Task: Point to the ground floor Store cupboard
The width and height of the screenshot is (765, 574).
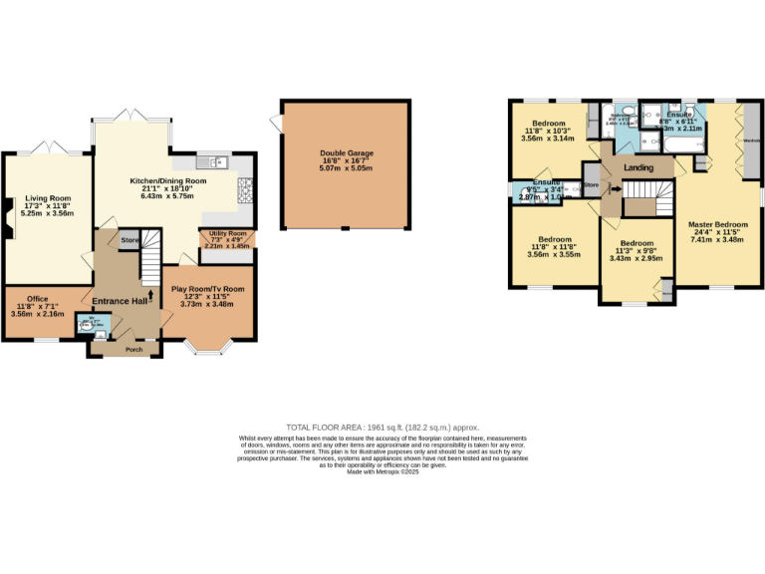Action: pos(129,240)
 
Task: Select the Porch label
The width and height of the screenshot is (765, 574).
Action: pos(133,349)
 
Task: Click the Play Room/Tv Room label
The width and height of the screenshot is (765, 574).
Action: pos(207,289)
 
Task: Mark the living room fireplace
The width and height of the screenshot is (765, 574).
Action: pos(8,217)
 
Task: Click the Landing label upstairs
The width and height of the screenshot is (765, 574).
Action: pos(638,167)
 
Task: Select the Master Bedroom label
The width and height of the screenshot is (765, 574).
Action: pos(717,224)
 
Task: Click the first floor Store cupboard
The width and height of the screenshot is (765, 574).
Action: pos(592,185)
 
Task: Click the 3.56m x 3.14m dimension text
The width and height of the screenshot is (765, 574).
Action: pos(548,139)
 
